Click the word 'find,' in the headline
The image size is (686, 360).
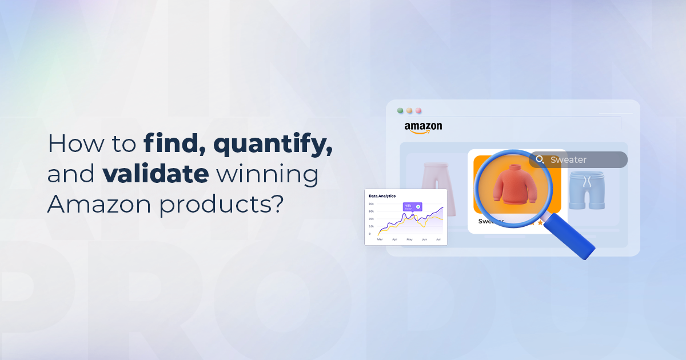(174, 143)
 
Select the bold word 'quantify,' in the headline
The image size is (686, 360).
(273, 145)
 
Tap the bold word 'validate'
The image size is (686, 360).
(155, 174)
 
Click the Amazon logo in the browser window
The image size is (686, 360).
(423, 127)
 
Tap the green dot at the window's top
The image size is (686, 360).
(400, 110)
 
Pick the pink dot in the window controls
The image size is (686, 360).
(418, 110)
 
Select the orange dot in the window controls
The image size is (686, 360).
(409, 110)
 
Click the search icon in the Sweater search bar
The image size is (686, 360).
(540, 160)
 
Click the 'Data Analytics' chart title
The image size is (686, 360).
(382, 196)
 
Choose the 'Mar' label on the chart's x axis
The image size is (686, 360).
(380, 239)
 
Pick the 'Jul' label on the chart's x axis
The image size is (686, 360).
(438, 239)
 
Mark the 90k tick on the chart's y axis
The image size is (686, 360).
(371, 204)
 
